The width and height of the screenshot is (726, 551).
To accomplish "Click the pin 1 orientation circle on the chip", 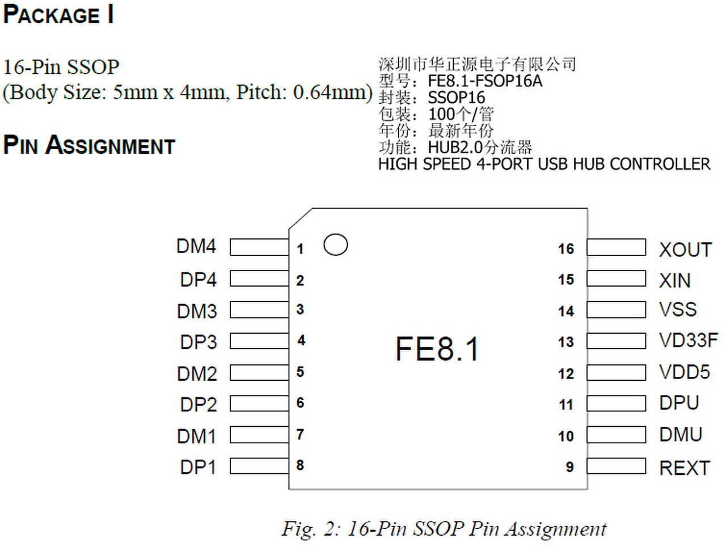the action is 335,245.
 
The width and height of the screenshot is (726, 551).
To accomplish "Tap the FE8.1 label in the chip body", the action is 437,348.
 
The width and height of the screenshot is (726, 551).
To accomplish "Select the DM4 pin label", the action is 196,246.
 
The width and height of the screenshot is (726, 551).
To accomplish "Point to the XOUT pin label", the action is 685,250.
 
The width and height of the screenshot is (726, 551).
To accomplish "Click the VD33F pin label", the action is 688,340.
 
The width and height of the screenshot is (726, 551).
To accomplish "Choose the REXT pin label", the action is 685,468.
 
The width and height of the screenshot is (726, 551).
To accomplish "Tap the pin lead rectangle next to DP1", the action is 259,466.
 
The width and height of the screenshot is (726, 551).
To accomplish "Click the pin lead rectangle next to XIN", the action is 616,279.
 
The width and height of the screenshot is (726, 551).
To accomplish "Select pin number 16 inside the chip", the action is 565,249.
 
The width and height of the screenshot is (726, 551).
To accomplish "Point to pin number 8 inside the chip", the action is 300,465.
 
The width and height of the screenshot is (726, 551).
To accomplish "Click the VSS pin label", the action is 678,309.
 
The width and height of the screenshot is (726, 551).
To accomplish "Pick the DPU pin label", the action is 679,403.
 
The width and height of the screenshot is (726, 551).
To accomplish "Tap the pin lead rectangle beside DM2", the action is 259,372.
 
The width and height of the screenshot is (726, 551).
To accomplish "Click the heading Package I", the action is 58,15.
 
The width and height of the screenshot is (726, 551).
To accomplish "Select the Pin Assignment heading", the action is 89,145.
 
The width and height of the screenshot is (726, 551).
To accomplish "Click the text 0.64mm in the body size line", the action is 332,92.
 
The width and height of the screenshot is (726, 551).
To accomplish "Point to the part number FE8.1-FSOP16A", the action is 485,81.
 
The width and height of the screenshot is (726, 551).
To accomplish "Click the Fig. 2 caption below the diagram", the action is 444,529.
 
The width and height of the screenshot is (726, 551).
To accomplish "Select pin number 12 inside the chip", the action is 565,373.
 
